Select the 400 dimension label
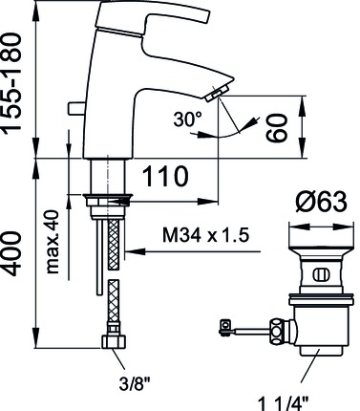(12, 254)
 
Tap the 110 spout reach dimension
(165, 176)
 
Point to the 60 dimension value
(277, 127)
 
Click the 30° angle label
(188, 119)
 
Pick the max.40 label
(53, 242)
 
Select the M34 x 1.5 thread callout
(205, 235)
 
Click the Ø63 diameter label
(321, 202)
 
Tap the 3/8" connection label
(134, 383)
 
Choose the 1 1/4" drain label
(283, 403)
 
